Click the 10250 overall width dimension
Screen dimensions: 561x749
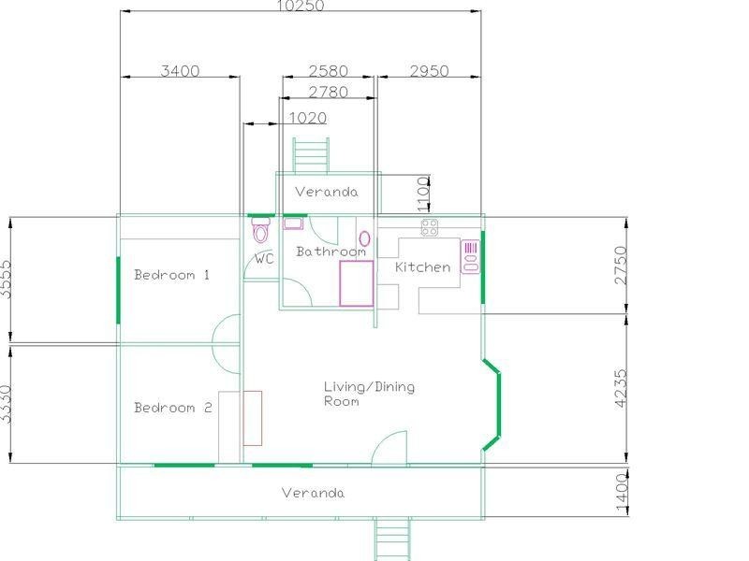(x=300, y=6)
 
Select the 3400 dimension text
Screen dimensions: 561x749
(x=180, y=72)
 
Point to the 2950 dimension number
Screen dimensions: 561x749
(x=428, y=72)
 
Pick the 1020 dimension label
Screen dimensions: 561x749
(x=307, y=118)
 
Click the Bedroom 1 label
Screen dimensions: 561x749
(x=171, y=275)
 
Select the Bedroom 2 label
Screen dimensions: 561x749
(x=172, y=408)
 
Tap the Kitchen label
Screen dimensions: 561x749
(x=422, y=267)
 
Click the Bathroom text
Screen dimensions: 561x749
(x=330, y=252)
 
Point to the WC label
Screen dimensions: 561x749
(x=265, y=259)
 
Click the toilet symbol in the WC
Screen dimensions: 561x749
(x=260, y=231)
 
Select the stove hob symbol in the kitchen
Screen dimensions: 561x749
(x=430, y=226)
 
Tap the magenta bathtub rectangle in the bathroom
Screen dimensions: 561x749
(x=357, y=283)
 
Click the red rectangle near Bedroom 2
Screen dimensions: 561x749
(x=252, y=418)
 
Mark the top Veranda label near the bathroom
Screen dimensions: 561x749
(x=326, y=192)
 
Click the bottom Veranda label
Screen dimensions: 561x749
(x=314, y=493)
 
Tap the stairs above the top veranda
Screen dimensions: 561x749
(x=311, y=154)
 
